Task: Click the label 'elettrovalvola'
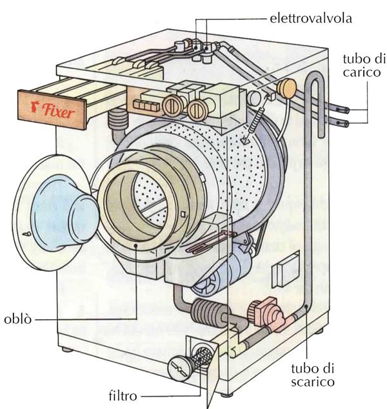[310, 18]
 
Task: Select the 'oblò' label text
[18, 319]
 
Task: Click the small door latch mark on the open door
[24, 231]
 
